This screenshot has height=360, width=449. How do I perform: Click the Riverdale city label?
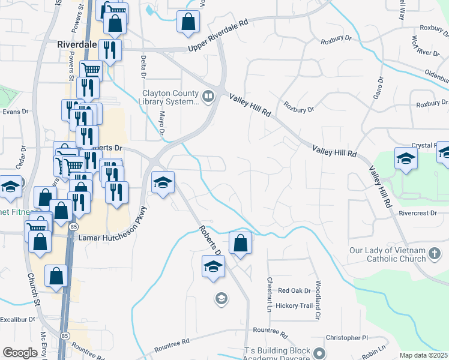[x=76, y=44]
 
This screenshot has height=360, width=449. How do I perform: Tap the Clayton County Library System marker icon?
[x=208, y=97]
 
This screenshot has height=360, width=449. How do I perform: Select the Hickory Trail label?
[x=295, y=305]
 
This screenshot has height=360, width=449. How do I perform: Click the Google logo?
[x=20, y=352]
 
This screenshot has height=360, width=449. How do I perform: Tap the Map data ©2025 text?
[x=423, y=355]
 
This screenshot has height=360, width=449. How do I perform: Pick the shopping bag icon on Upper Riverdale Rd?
[x=188, y=22]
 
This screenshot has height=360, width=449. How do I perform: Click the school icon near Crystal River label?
[x=406, y=159]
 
